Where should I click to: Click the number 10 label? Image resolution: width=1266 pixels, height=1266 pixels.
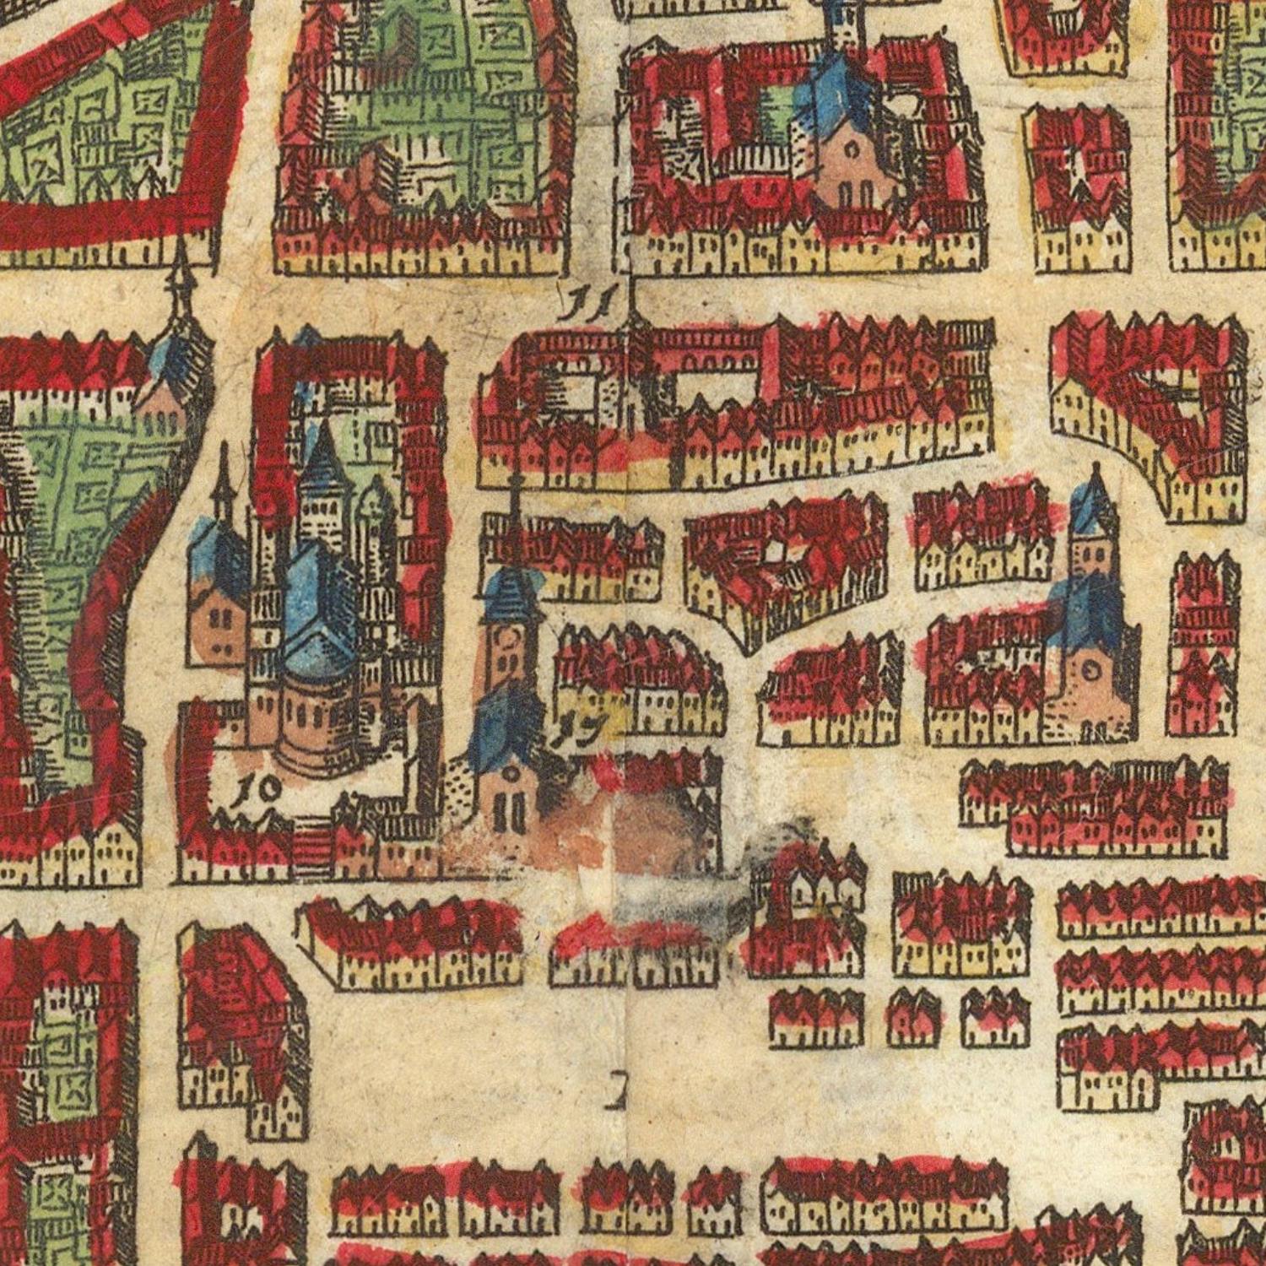click(257, 789)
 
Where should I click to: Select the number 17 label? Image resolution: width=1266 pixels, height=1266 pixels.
click(582, 729)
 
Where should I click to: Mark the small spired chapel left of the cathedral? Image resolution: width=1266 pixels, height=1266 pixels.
click(218, 582)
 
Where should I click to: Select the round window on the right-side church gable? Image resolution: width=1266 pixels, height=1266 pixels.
click(1089, 671)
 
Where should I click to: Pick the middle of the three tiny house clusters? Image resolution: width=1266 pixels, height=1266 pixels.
click(913, 1017)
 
